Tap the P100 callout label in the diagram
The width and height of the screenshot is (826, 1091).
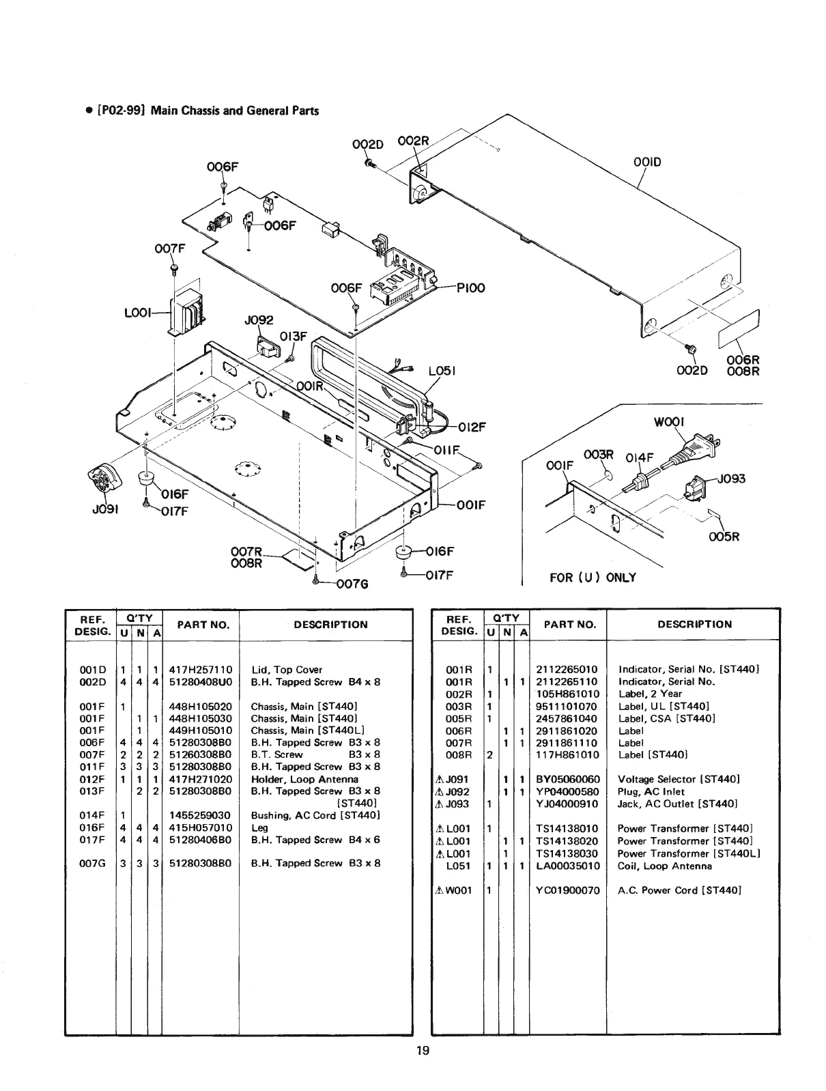click(470, 287)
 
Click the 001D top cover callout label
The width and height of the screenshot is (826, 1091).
click(648, 162)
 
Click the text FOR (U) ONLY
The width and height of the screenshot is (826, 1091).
click(593, 577)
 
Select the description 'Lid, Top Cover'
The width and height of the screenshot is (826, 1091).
click(287, 670)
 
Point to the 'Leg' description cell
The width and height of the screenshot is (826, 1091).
click(259, 827)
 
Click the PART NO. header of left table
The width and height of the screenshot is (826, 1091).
click(200, 624)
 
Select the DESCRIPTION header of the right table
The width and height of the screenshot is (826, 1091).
click(694, 624)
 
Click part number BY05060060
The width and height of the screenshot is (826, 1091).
click(568, 779)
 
